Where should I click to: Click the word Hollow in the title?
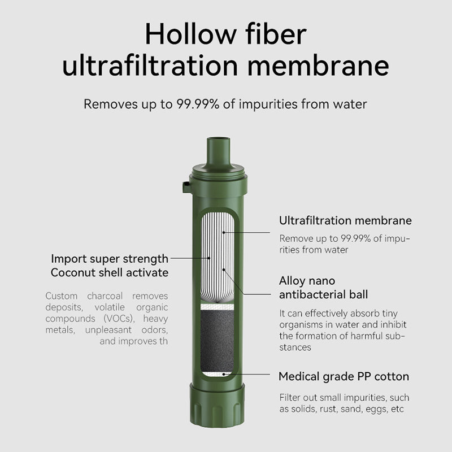190,34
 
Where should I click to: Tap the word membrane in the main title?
318,66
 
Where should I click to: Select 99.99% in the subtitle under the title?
198,104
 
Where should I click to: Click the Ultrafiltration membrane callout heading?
345,220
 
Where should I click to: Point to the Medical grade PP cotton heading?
344,376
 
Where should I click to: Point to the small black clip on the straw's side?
186,187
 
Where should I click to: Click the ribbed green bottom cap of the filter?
217,405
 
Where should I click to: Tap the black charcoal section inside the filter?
217,341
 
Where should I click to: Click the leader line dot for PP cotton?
224,374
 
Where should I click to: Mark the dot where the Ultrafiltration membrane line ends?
224,232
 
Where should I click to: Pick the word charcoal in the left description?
105,296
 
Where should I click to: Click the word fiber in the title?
276,34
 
